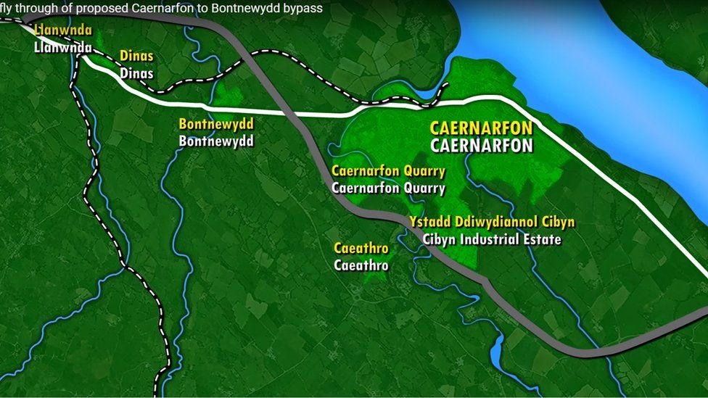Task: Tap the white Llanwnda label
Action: click(63, 48)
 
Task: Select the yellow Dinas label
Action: click(136, 56)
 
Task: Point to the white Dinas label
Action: click(136, 72)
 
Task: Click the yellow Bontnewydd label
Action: click(216, 124)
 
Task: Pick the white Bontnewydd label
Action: click(216, 141)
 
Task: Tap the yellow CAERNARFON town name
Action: click(481, 128)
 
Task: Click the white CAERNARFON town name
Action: click(481, 145)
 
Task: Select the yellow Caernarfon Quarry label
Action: click(388, 171)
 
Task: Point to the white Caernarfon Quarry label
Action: click(388, 188)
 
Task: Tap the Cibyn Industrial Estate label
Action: click(492, 239)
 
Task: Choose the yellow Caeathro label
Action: click(361, 249)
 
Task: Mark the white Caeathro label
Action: click(361, 265)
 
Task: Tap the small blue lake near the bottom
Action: click(497, 353)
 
